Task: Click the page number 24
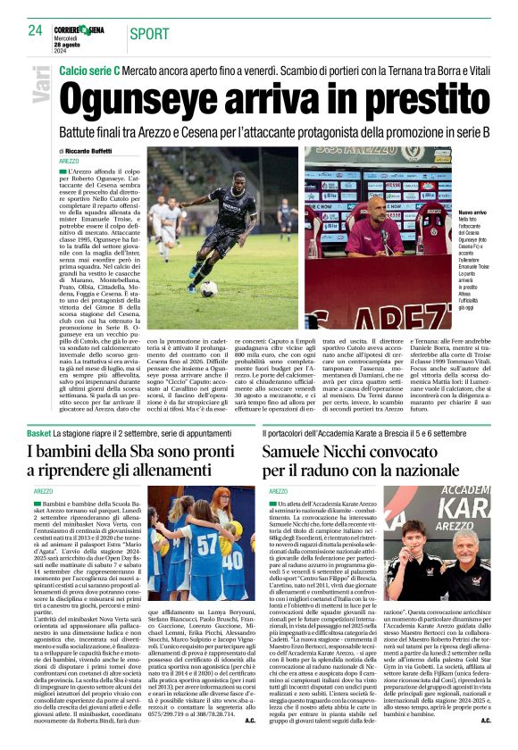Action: (x=35, y=30)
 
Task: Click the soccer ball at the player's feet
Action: (x=208, y=288)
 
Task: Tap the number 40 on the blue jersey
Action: (x=234, y=563)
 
